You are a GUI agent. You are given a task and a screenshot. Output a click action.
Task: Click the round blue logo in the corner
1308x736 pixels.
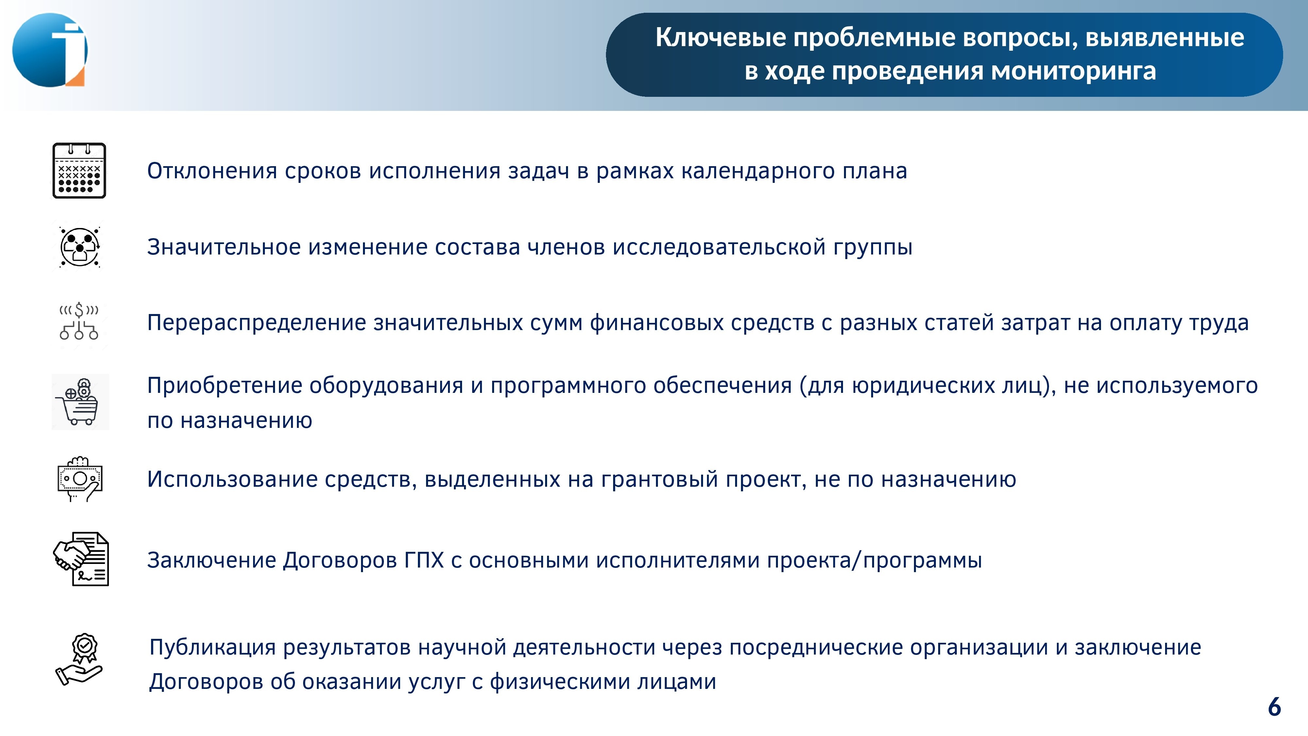click(x=50, y=50)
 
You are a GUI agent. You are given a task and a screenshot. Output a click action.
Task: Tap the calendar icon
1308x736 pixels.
click(x=79, y=171)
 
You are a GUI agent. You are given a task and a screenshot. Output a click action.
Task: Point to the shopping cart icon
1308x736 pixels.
click(x=80, y=402)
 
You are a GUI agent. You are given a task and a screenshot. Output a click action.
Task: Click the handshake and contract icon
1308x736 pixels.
click(x=81, y=559)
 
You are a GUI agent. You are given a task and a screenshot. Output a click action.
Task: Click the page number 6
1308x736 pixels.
click(x=1275, y=707)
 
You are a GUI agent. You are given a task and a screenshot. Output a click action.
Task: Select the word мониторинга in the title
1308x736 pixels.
click(x=1074, y=71)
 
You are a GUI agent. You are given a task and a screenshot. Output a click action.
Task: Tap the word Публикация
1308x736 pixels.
click(x=213, y=648)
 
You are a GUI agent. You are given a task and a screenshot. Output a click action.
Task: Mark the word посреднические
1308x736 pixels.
click(x=816, y=648)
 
